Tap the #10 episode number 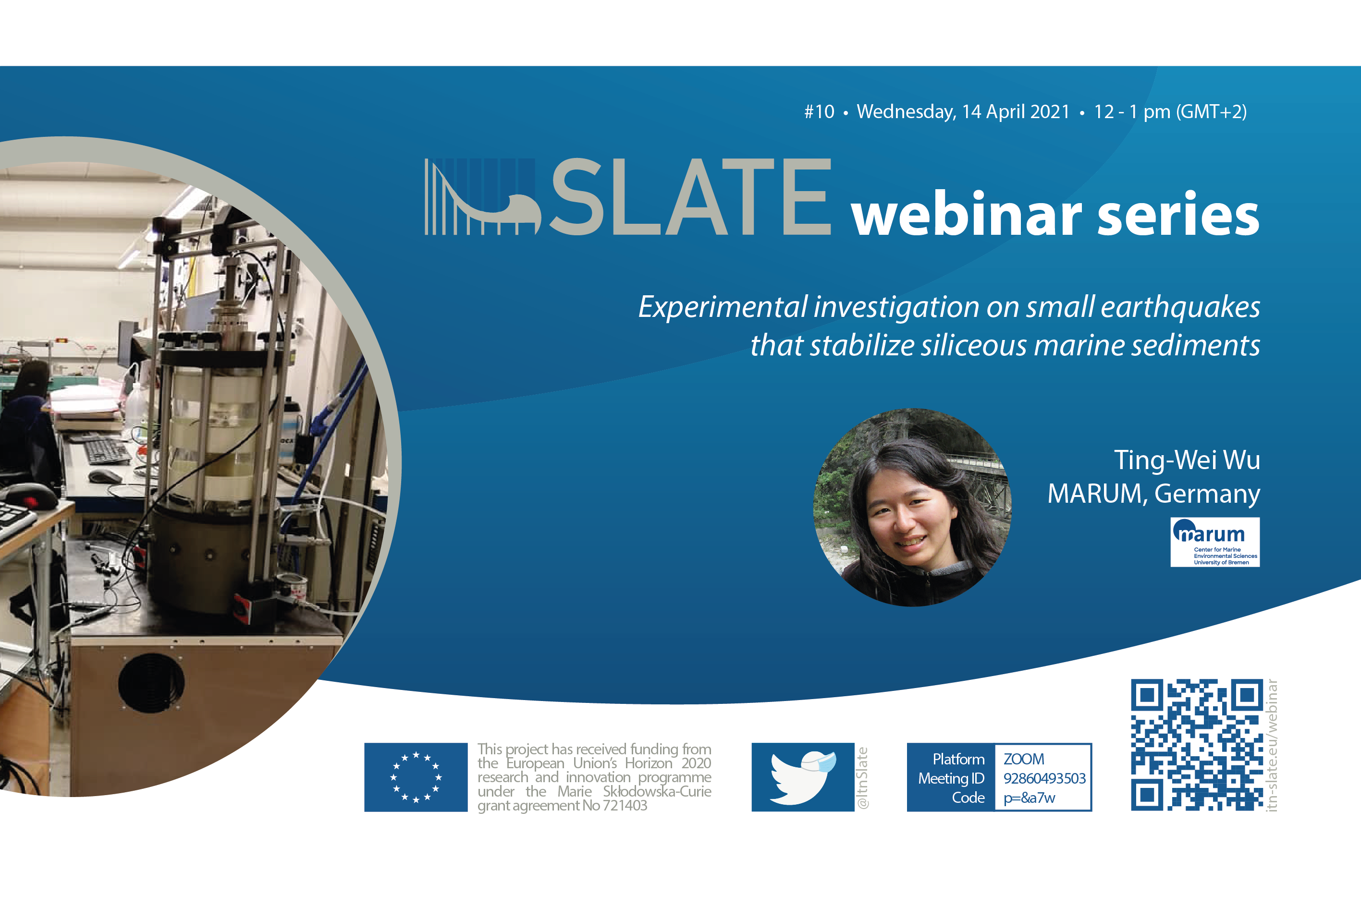pos(820,112)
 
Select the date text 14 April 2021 pos(1016,112)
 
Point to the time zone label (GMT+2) pos(1212,112)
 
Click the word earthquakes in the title pos(1180,307)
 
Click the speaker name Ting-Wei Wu pos(1187,460)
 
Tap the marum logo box pos(1214,542)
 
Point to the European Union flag pos(416,777)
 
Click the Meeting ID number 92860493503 pos(1044,779)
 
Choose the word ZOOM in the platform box pos(1024,759)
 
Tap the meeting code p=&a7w pos(1029,798)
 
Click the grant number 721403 pos(625,806)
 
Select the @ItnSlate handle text pos(862,777)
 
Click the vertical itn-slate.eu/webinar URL pos(1271,745)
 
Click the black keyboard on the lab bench pos(108,452)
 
